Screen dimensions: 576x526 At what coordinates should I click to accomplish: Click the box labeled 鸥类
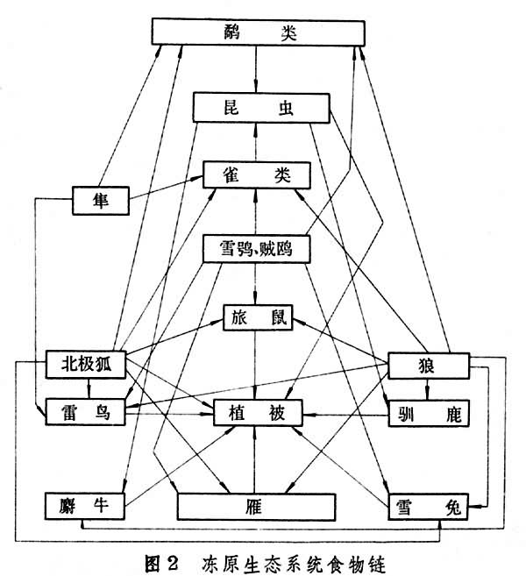(x=256, y=33)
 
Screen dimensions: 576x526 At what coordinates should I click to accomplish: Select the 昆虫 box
(x=259, y=109)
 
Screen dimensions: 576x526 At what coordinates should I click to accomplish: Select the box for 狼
(x=428, y=364)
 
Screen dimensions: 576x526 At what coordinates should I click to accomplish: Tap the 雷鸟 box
(x=86, y=411)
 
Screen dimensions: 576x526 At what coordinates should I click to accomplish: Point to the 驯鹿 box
(x=428, y=411)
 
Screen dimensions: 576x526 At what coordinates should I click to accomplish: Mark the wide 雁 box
(x=256, y=507)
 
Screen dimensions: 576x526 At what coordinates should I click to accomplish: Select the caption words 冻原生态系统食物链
(x=301, y=561)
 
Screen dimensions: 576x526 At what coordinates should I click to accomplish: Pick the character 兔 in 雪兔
(x=452, y=507)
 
